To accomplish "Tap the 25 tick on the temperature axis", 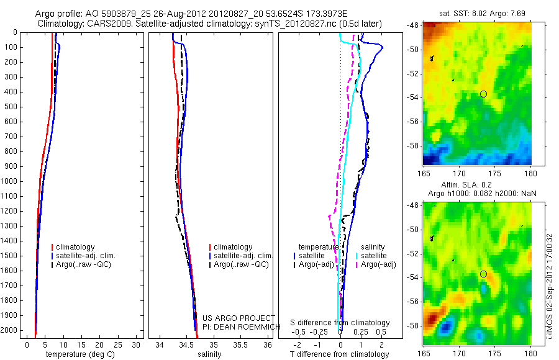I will click(x=116, y=344).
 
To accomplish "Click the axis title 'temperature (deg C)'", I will click(x=78, y=354).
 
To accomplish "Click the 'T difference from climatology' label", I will click(x=339, y=354).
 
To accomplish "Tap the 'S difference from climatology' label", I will click(x=340, y=323).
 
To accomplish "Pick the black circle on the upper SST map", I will click(x=483, y=94).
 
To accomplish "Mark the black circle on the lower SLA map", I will click(x=483, y=274).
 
